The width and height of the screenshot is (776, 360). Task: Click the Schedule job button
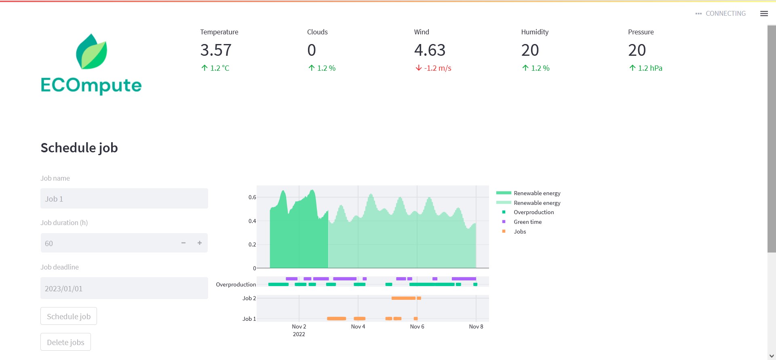(x=69, y=316)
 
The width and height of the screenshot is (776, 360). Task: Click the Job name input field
(x=124, y=199)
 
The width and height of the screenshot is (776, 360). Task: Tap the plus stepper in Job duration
(x=199, y=243)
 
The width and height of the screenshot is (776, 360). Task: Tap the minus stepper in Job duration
(x=183, y=243)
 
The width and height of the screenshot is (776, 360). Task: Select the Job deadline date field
(x=124, y=288)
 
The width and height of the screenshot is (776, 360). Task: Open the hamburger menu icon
(x=764, y=14)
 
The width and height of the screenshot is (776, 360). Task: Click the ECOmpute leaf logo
(x=92, y=52)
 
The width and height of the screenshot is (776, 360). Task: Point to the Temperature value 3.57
(x=216, y=51)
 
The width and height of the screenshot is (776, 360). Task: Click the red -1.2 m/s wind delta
(x=433, y=68)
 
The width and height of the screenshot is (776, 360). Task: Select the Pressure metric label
(x=641, y=32)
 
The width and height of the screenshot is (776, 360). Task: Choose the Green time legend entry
(x=527, y=222)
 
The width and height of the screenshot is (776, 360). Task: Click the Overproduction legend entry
(x=533, y=212)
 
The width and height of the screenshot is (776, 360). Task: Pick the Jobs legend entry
(x=520, y=232)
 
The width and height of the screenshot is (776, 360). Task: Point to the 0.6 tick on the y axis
(x=252, y=198)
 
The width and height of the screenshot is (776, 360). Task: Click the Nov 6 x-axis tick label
(x=417, y=326)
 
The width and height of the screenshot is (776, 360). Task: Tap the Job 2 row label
(x=249, y=299)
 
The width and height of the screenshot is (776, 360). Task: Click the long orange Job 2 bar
(x=403, y=298)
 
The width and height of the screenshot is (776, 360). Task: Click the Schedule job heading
(x=79, y=148)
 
